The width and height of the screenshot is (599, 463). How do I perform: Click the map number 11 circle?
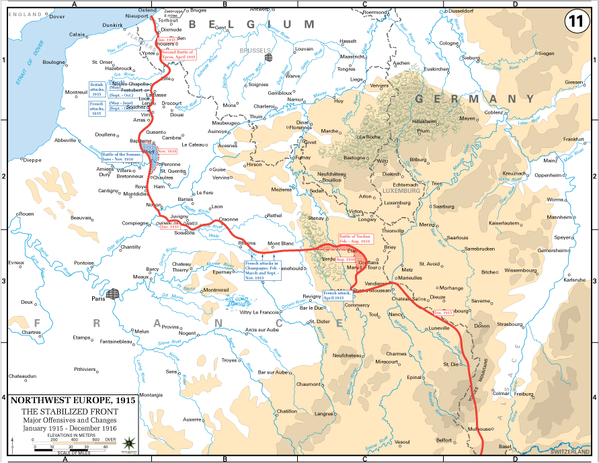[575, 20]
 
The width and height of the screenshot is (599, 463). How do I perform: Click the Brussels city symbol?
[269, 58]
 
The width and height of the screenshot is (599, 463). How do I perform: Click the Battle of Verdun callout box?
[348, 240]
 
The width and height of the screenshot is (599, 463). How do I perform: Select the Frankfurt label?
[573, 139]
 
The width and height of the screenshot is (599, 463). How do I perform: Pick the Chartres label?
[30, 333]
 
